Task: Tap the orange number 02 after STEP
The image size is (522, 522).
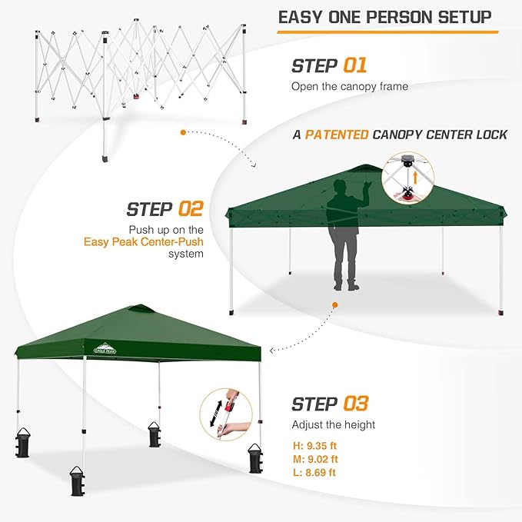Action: click(190, 209)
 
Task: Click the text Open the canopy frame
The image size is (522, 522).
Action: click(349, 87)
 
